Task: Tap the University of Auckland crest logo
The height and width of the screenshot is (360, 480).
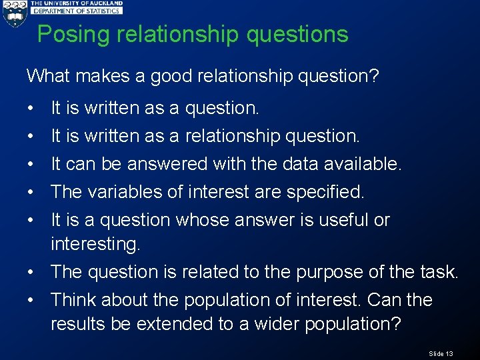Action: [13, 14]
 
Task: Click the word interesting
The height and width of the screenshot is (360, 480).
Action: [95, 245]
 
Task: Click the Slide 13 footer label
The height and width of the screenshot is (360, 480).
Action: [441, 353]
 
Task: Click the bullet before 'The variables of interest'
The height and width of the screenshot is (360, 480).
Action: [31, 192]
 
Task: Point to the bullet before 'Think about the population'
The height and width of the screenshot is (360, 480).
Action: [31, 300]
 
